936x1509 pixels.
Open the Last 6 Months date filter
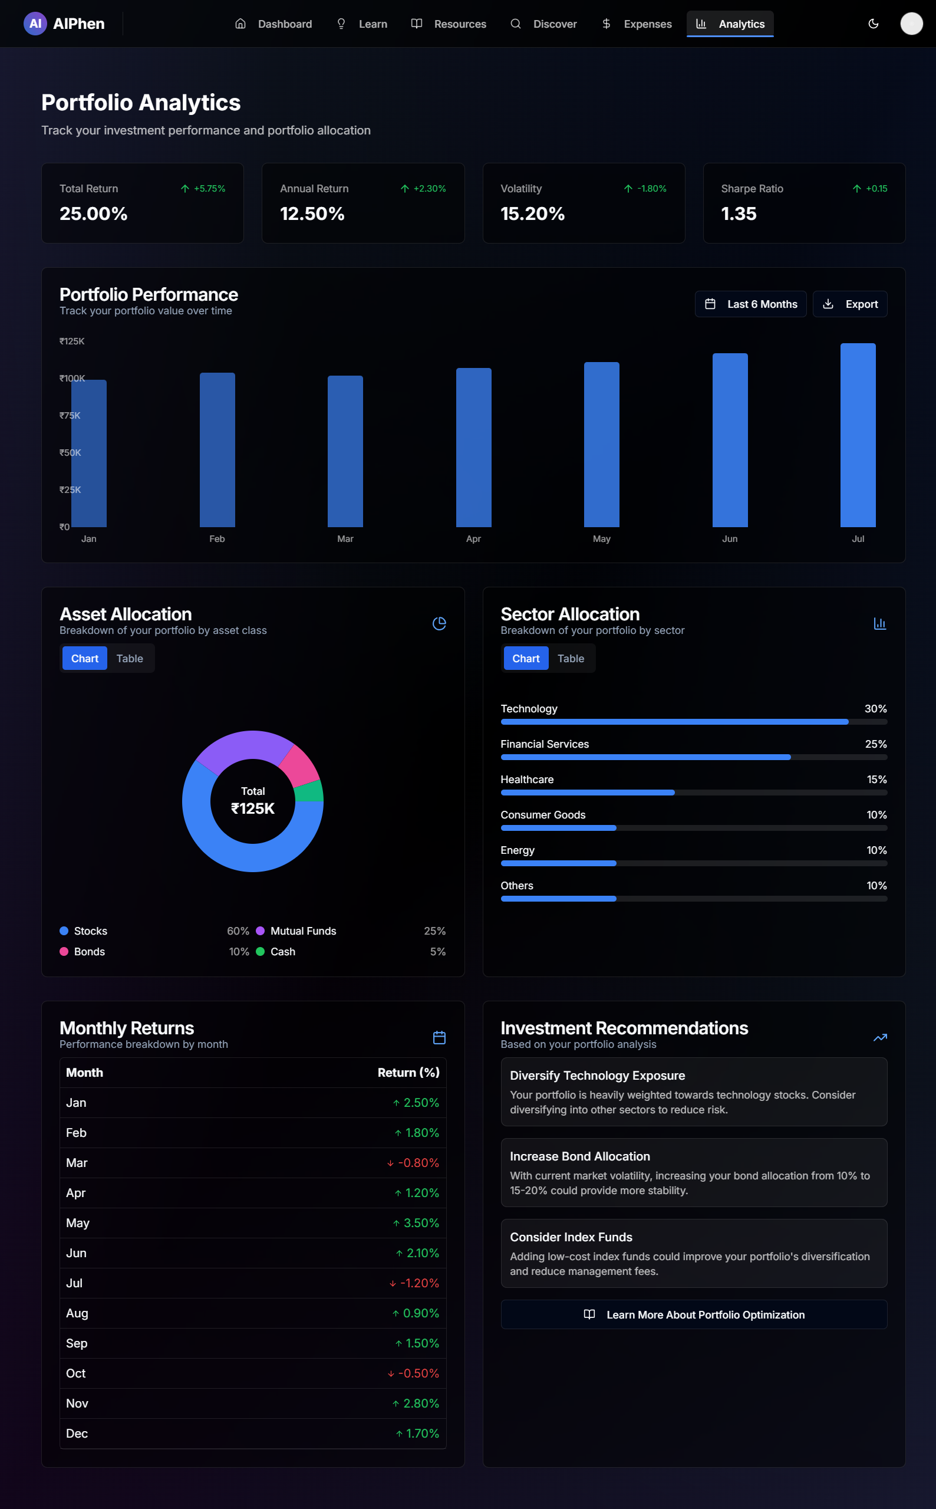pyautogui.click(x=750, y=304)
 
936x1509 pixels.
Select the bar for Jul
pyautogui.click(x=858, y=435)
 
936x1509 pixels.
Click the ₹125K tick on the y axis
pyautogui.click(x=72, y=341)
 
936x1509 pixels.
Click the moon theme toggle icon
pyautogui.click(x=873, y=24)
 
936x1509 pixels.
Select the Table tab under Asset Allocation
pyautogui.click(x=130, y=658)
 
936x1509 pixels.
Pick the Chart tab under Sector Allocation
pyautogui.click(x=526, y=658)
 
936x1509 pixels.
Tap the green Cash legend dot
pyautogui.click(x=260, y=951)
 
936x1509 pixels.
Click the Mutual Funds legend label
pyautogui.click(x=303, y=931)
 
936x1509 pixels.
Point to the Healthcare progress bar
pyautogui.click(x=693, y=793)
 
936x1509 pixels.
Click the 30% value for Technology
pyautogui.click(x=875, y=708)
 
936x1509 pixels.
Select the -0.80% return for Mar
pyautogui.click(x=418, y=1163)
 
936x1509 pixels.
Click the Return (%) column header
pyautogui.click(x=408, y=1073)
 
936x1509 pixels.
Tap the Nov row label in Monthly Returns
pyautogui.click(x=77, y=1403)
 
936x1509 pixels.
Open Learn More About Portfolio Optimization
pyautogui.click(x=693, y=1314)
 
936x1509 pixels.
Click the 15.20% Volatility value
pyautogui.click(x=532, y=213)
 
